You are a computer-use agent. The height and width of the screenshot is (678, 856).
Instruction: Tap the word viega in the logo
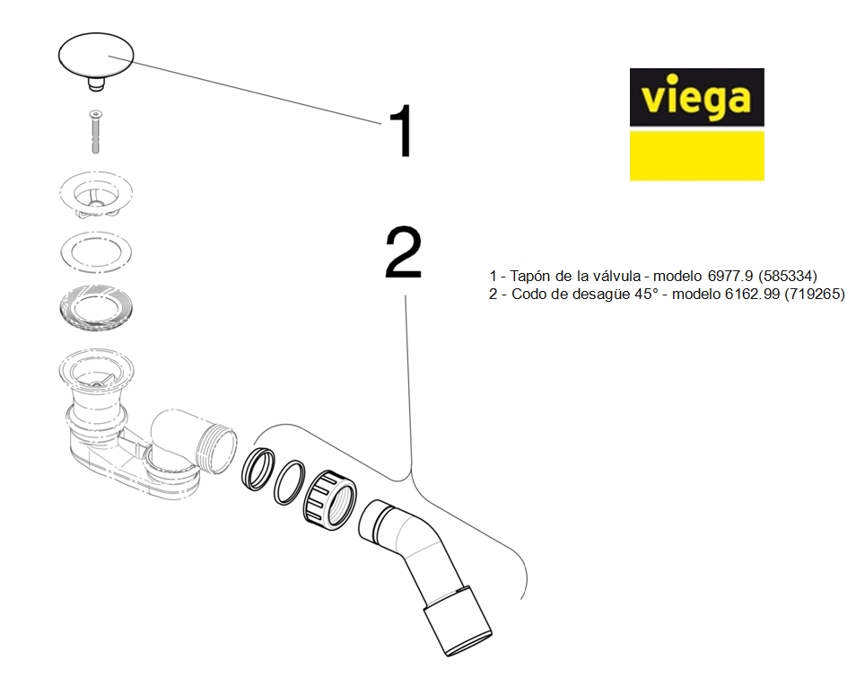[696, 96]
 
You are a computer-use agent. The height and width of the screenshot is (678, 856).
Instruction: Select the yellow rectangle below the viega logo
[696, 155]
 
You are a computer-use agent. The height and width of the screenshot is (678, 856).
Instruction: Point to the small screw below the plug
[95, 131]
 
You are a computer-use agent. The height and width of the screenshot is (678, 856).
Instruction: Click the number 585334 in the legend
[786, 275]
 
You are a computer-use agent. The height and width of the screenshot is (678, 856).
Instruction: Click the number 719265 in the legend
[815, 294]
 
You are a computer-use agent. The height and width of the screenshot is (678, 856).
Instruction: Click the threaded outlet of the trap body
[215, 446]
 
